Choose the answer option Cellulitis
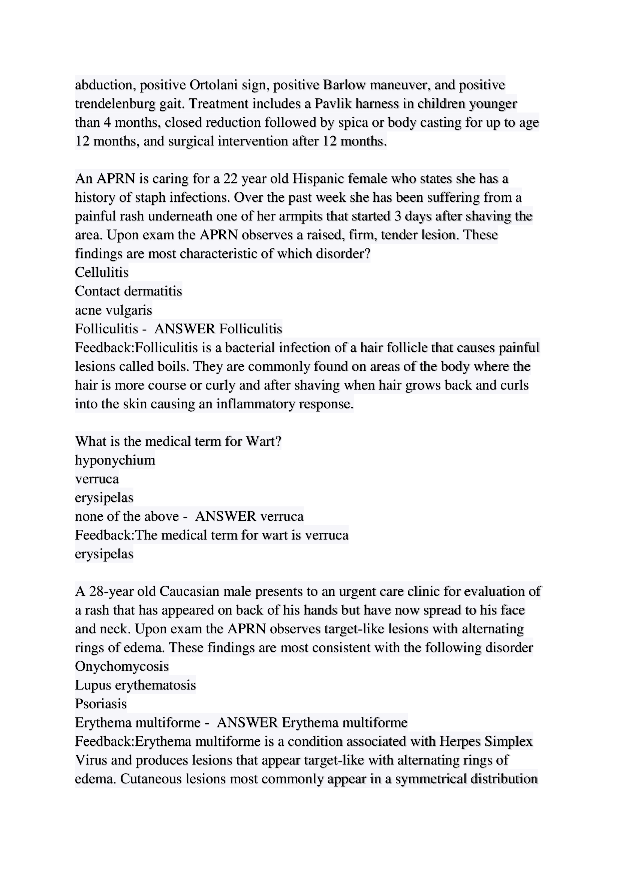[102, 272]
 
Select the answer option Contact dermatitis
[128, 291]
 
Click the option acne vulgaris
[113, 310]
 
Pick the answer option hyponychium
[115, 460]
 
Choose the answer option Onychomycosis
[122, 667]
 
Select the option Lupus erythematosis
[135, 685]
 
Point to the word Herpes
[460, 741]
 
